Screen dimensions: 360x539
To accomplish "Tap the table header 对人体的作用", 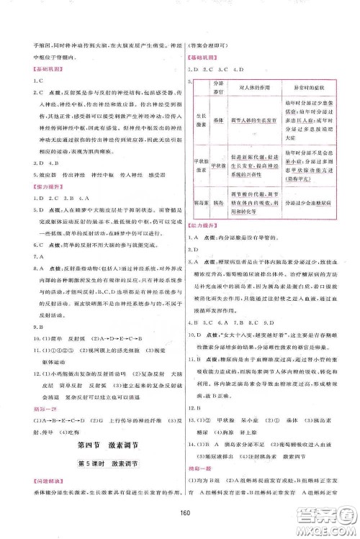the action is coord(237,87).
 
